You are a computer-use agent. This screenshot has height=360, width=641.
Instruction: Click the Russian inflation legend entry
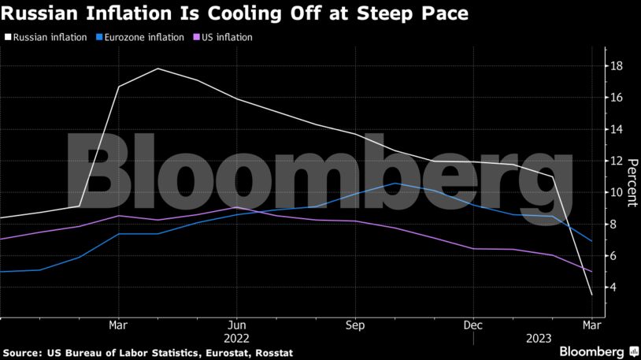click(48, 37)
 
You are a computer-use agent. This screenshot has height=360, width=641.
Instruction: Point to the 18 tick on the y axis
click(617, 66)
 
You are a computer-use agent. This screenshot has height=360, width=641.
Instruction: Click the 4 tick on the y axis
click(617, 288)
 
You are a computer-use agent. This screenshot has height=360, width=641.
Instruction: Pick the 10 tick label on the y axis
click(617, 193)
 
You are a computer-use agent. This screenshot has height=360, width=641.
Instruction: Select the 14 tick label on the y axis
click(617, 129)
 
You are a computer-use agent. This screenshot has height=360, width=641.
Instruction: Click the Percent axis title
click(632, 182)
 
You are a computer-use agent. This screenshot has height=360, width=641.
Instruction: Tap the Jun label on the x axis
click(237, 325)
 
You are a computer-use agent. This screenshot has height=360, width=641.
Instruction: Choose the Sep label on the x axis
click(355, 325)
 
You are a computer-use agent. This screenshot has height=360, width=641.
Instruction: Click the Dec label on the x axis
click(473, 325)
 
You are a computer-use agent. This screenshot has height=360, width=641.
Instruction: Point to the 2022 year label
click(237, 338)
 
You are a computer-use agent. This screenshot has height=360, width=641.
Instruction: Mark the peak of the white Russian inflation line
click(158, 69)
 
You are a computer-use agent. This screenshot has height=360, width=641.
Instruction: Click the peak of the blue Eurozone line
click(396, 184)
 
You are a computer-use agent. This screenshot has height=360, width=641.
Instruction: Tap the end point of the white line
click(591, 295)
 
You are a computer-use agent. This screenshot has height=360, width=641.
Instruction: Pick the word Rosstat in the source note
click(272, 353)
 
